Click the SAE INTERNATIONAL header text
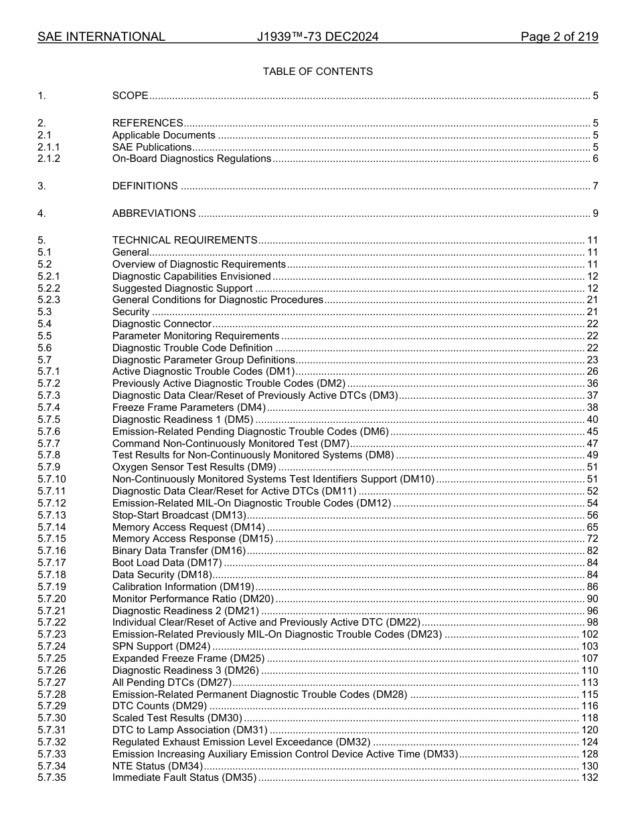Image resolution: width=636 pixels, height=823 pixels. [x=101, y=37]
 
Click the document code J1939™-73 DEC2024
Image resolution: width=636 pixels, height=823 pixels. [x=317, y=37]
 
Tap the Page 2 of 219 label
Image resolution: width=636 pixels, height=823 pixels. [x=559, y=37]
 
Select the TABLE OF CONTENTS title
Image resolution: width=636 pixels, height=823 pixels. [x=317, y=72]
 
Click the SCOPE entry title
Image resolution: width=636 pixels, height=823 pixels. [x=130, y=96]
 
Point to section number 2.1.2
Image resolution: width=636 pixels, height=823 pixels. [x=49, y=159]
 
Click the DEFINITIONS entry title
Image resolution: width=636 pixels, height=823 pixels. [x=145, y=186]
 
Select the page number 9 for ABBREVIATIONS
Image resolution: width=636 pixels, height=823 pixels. [x=595, y=213]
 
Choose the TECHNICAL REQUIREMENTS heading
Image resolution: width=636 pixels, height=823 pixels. [x=184, y=240]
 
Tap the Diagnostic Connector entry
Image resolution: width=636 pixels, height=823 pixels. [x=162, y=324]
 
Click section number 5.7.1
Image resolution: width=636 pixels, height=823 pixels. [x=49, y=371]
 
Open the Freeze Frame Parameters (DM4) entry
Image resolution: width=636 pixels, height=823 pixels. [x=189, y=407]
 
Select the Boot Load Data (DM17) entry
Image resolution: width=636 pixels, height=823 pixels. [x=167, y=563]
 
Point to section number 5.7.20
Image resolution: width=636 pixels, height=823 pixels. [x=52, y=599]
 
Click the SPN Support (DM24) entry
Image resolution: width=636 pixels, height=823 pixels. [x=161, y=646]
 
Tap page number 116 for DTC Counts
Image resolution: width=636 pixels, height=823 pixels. [x=589, y=706]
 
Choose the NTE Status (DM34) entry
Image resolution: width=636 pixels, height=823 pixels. [x=157, y=765]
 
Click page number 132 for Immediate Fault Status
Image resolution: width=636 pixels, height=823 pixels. [x=589, y=778]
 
